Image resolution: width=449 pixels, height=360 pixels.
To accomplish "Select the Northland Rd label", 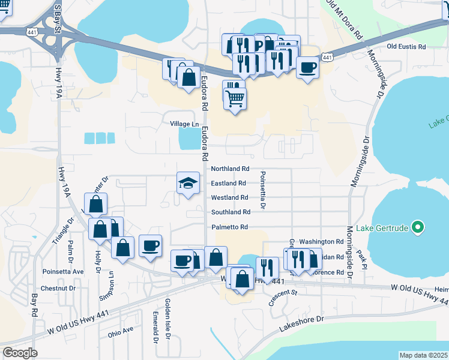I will [229, 170].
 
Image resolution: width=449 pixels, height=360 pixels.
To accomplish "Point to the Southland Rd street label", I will [231, 212].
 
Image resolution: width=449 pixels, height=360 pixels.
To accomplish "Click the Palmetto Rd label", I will [229, 227].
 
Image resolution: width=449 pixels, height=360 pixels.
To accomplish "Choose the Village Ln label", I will [184, 124].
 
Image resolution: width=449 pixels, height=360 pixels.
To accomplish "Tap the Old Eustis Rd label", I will [406, 46].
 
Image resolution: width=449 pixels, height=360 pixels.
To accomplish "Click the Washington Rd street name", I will [321, 242].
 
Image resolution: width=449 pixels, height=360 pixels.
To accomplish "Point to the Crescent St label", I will [283, 297].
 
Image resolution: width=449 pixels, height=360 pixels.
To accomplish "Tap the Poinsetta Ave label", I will [62, 271].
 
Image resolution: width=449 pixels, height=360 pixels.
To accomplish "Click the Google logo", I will [20, 353].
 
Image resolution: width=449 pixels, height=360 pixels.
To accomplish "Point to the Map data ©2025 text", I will [423, 355].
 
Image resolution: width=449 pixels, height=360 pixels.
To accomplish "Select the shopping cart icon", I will [235, 98].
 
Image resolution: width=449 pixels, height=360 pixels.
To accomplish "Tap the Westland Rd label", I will [229, 197].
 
